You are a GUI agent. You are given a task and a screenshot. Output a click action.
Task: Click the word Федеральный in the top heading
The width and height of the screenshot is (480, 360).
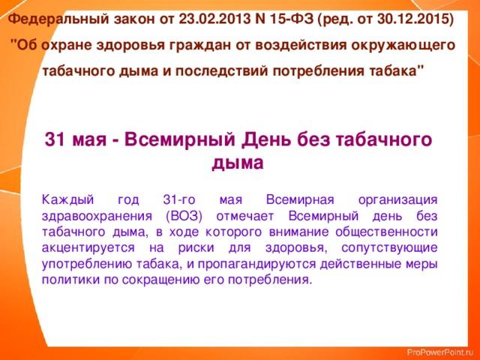[x=58, y=19]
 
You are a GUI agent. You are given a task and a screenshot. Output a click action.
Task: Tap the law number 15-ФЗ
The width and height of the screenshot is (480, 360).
[x=292, y=19]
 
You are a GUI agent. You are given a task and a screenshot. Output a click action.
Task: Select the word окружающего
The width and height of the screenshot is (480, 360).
[x=403, y=46]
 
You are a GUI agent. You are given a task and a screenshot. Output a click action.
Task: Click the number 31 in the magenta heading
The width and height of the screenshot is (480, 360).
[x=55, y=139]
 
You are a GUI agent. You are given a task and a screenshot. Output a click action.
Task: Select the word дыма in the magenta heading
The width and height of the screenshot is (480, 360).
[x=238, y=163]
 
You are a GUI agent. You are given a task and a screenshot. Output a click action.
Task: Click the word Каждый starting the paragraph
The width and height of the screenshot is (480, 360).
[x=68, y=200]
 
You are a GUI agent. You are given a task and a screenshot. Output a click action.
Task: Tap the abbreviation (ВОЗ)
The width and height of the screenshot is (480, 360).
[x=184, y=217]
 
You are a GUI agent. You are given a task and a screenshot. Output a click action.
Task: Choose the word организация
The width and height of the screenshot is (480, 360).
[x=397, y=201]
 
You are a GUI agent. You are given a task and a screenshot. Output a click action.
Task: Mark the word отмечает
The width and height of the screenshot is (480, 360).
[x=245, y=217]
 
